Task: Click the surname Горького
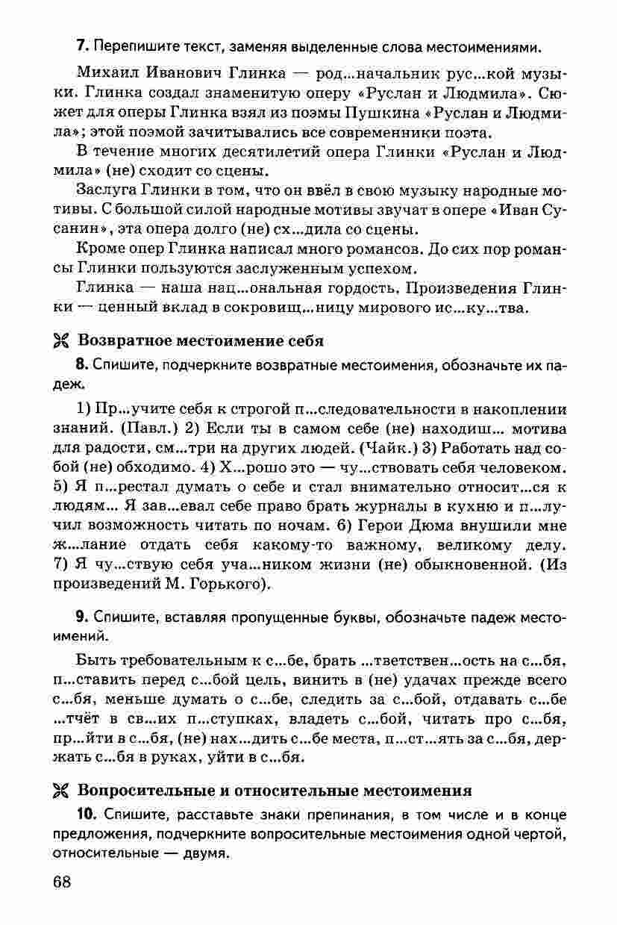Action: click(231, 585)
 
